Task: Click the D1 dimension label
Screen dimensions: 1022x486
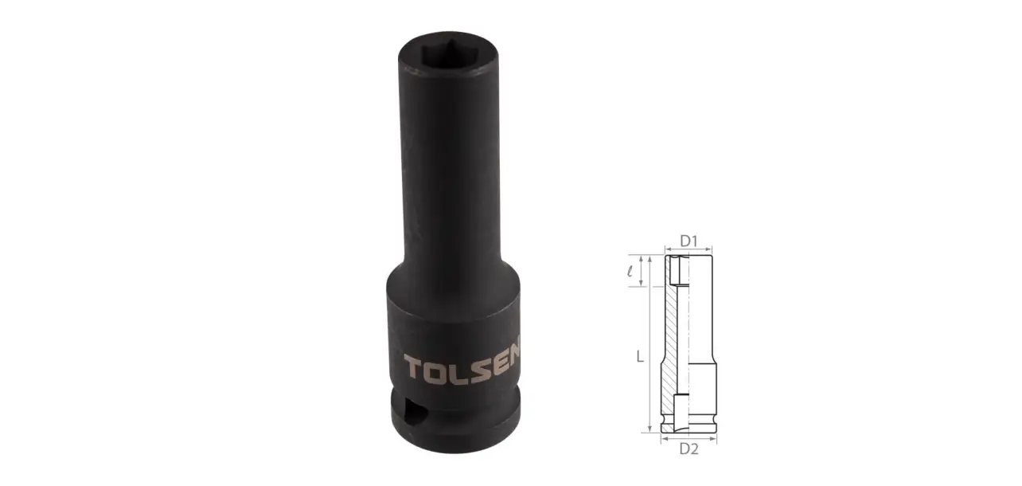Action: click(x=689, y=241)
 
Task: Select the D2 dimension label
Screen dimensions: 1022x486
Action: click(x=689, y=449)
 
